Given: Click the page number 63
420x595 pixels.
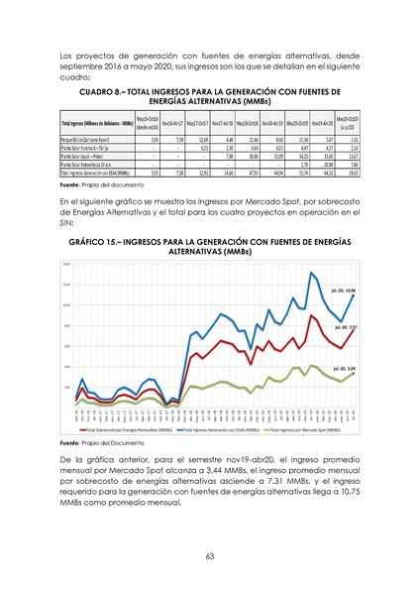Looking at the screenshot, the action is pos(210,556).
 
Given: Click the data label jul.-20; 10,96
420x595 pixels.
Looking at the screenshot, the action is pos(344,292).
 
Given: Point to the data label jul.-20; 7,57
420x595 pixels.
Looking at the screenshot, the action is pos(346,326).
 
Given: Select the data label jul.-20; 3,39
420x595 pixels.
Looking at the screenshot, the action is pos(345,368).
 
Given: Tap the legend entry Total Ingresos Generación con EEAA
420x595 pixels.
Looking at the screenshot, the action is pos(215,430).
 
